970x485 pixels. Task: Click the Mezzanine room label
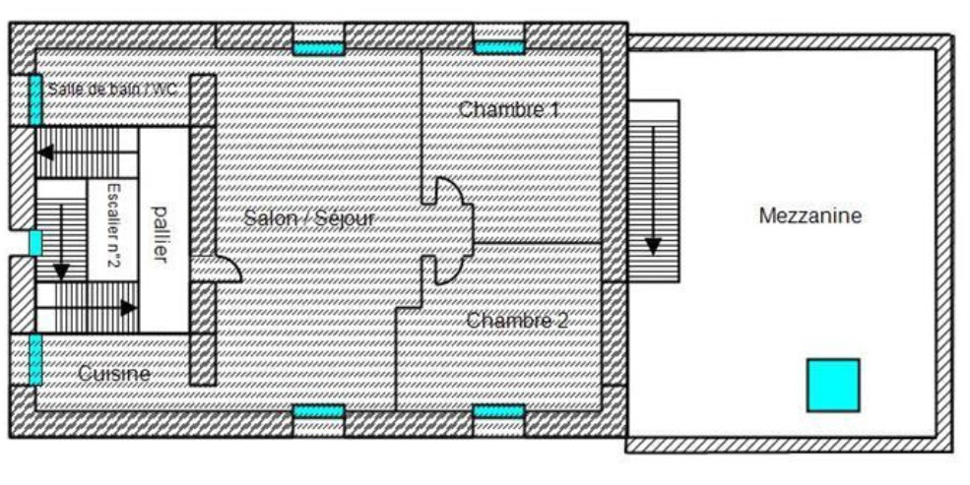tap(809, 215)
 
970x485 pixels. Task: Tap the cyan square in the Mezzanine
tap(833, 385)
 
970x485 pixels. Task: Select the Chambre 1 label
tap(508, 110)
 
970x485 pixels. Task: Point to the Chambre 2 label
tap(517, 320)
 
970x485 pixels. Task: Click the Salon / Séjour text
tap(309, 218)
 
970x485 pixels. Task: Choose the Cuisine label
tap(114, 373)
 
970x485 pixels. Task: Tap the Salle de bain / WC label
tap(112, 89)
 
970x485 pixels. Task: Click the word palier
tap(161, 235)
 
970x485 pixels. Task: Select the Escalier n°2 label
tap(113, 225)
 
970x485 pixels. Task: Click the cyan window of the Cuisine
tap(35, 359)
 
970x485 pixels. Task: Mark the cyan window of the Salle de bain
tap(35, 99)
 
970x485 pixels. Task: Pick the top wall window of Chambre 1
tap(499, 47)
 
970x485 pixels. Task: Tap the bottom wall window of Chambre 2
tap(498, 411)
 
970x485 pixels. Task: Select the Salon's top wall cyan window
tap(319, 48)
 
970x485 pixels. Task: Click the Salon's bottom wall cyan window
tap(319, 411)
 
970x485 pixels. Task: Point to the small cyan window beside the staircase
tap(35, 243)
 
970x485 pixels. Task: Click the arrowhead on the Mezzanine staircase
tap(653, 247)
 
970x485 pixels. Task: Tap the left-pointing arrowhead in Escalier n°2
tap(45, 152)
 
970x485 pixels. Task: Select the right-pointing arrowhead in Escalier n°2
tap(129, 308)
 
